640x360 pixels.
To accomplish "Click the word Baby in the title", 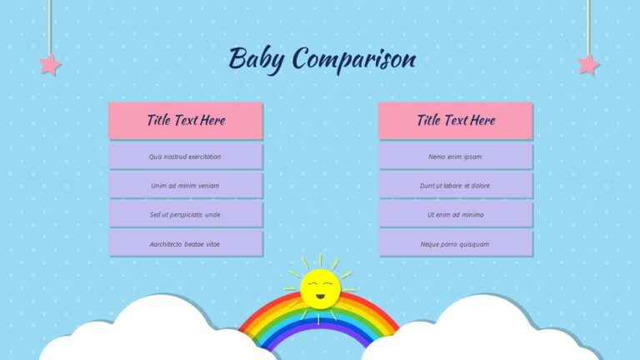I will (x=257, y=59).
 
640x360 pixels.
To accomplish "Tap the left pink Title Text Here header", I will (x=185, y=120).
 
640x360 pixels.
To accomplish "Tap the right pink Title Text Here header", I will (x=455, y=120).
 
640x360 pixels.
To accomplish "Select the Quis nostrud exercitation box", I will (x=185, y=157).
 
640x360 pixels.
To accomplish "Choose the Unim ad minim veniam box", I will (x=185, y=185).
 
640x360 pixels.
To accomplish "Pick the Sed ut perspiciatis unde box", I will (x=185, y=214).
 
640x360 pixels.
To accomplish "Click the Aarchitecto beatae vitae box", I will (x=185, y=243).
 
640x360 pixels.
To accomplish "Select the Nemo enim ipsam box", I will (x=455, y=157).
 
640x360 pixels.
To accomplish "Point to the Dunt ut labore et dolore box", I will (x=455, y=185).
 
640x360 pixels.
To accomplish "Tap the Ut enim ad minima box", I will (x=455, y=214).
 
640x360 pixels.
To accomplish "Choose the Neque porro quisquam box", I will (x=455, y=243).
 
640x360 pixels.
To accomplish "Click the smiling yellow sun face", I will (x=319, y=287).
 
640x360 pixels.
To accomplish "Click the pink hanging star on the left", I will (x=50, y=64).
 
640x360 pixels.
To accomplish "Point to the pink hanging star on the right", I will (x=588, y=64).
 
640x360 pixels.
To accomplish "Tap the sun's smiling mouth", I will (x=319, y=296).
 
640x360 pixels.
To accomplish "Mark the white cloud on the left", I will (x=158, y=333).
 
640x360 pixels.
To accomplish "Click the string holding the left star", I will (x=50, y=25).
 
